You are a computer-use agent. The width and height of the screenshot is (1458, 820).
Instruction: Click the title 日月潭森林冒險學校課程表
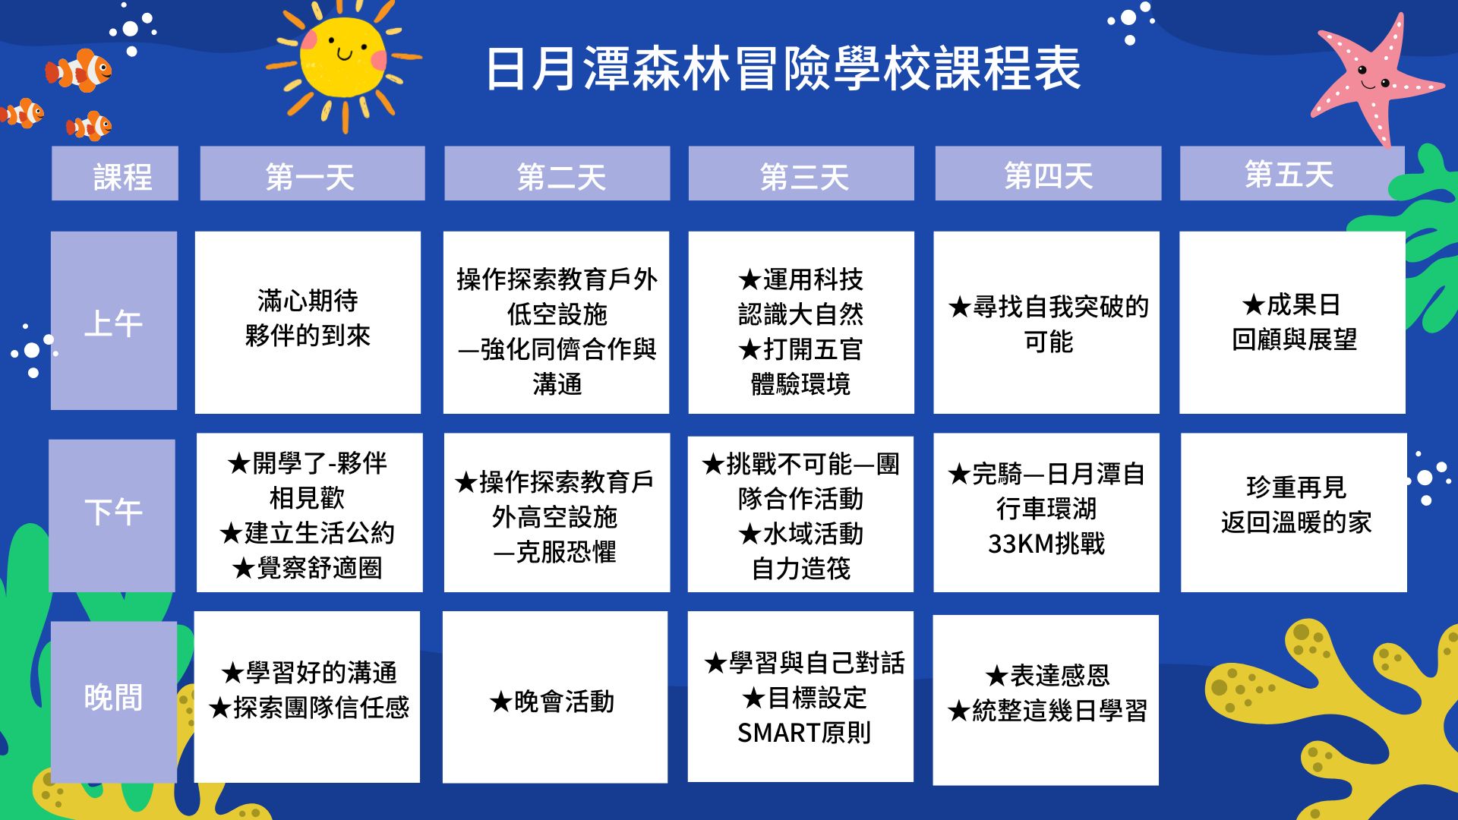[x=783, y=68]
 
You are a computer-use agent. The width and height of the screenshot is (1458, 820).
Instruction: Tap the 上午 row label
[x=114, y=320]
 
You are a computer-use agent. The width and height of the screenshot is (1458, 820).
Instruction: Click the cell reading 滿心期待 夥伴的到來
[x=308, y=322]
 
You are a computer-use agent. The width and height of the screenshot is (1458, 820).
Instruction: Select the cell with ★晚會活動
[x=555, y=697]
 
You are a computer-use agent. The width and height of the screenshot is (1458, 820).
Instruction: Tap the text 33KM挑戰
[x=1046, y=544]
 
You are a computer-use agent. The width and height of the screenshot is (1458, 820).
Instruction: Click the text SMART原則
[x=803, y=733]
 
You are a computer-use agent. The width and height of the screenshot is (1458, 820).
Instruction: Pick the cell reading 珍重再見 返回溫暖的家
[x=1294, y=512]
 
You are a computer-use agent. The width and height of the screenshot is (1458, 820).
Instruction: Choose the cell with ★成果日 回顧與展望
[x=1292, y=322]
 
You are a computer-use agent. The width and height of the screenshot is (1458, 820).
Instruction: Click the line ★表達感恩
[x=1047, y=675]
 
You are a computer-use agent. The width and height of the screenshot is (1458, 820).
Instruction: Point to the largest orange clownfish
[x=78, y=70]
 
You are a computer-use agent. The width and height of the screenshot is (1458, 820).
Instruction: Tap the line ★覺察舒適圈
[x=308, y=567]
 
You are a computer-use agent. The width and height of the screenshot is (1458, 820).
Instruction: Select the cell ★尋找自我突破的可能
[x=1046, y=322]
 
